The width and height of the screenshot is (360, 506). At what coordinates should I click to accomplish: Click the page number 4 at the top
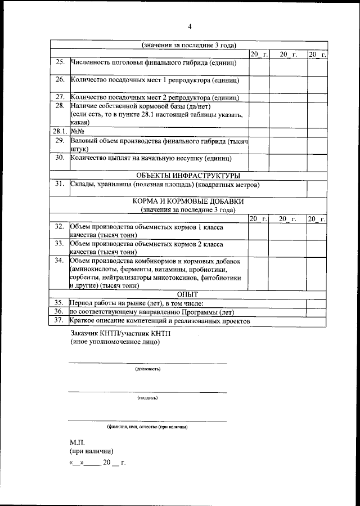(x=190, y=26)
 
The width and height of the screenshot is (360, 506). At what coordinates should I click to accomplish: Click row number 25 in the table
(x=60, y=62)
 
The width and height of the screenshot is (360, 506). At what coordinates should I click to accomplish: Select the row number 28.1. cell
(x=60, y=131)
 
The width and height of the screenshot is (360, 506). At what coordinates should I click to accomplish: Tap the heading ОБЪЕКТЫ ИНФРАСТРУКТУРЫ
(x=188, y=175)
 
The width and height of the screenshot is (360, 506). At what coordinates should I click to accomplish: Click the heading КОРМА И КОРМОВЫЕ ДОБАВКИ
(x=188, y=201)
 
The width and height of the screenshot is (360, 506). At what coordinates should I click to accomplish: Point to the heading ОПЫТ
(x=188, y=293)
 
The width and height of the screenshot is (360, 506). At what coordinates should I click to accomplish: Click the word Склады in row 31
(x=82, y=184)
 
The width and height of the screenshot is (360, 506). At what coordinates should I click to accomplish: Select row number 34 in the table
(x=60, y=262)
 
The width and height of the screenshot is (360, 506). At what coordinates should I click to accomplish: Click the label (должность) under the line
(x=147, y=369)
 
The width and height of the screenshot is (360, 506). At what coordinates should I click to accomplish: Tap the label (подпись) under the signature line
(x=147, y=397)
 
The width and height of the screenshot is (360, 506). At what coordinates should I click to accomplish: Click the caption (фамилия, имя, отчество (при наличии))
(x=147, y=427)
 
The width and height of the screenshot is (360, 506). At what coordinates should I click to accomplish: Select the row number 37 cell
(x=60, y=321)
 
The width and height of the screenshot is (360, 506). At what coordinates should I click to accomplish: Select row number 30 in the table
(x=60, y=158)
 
